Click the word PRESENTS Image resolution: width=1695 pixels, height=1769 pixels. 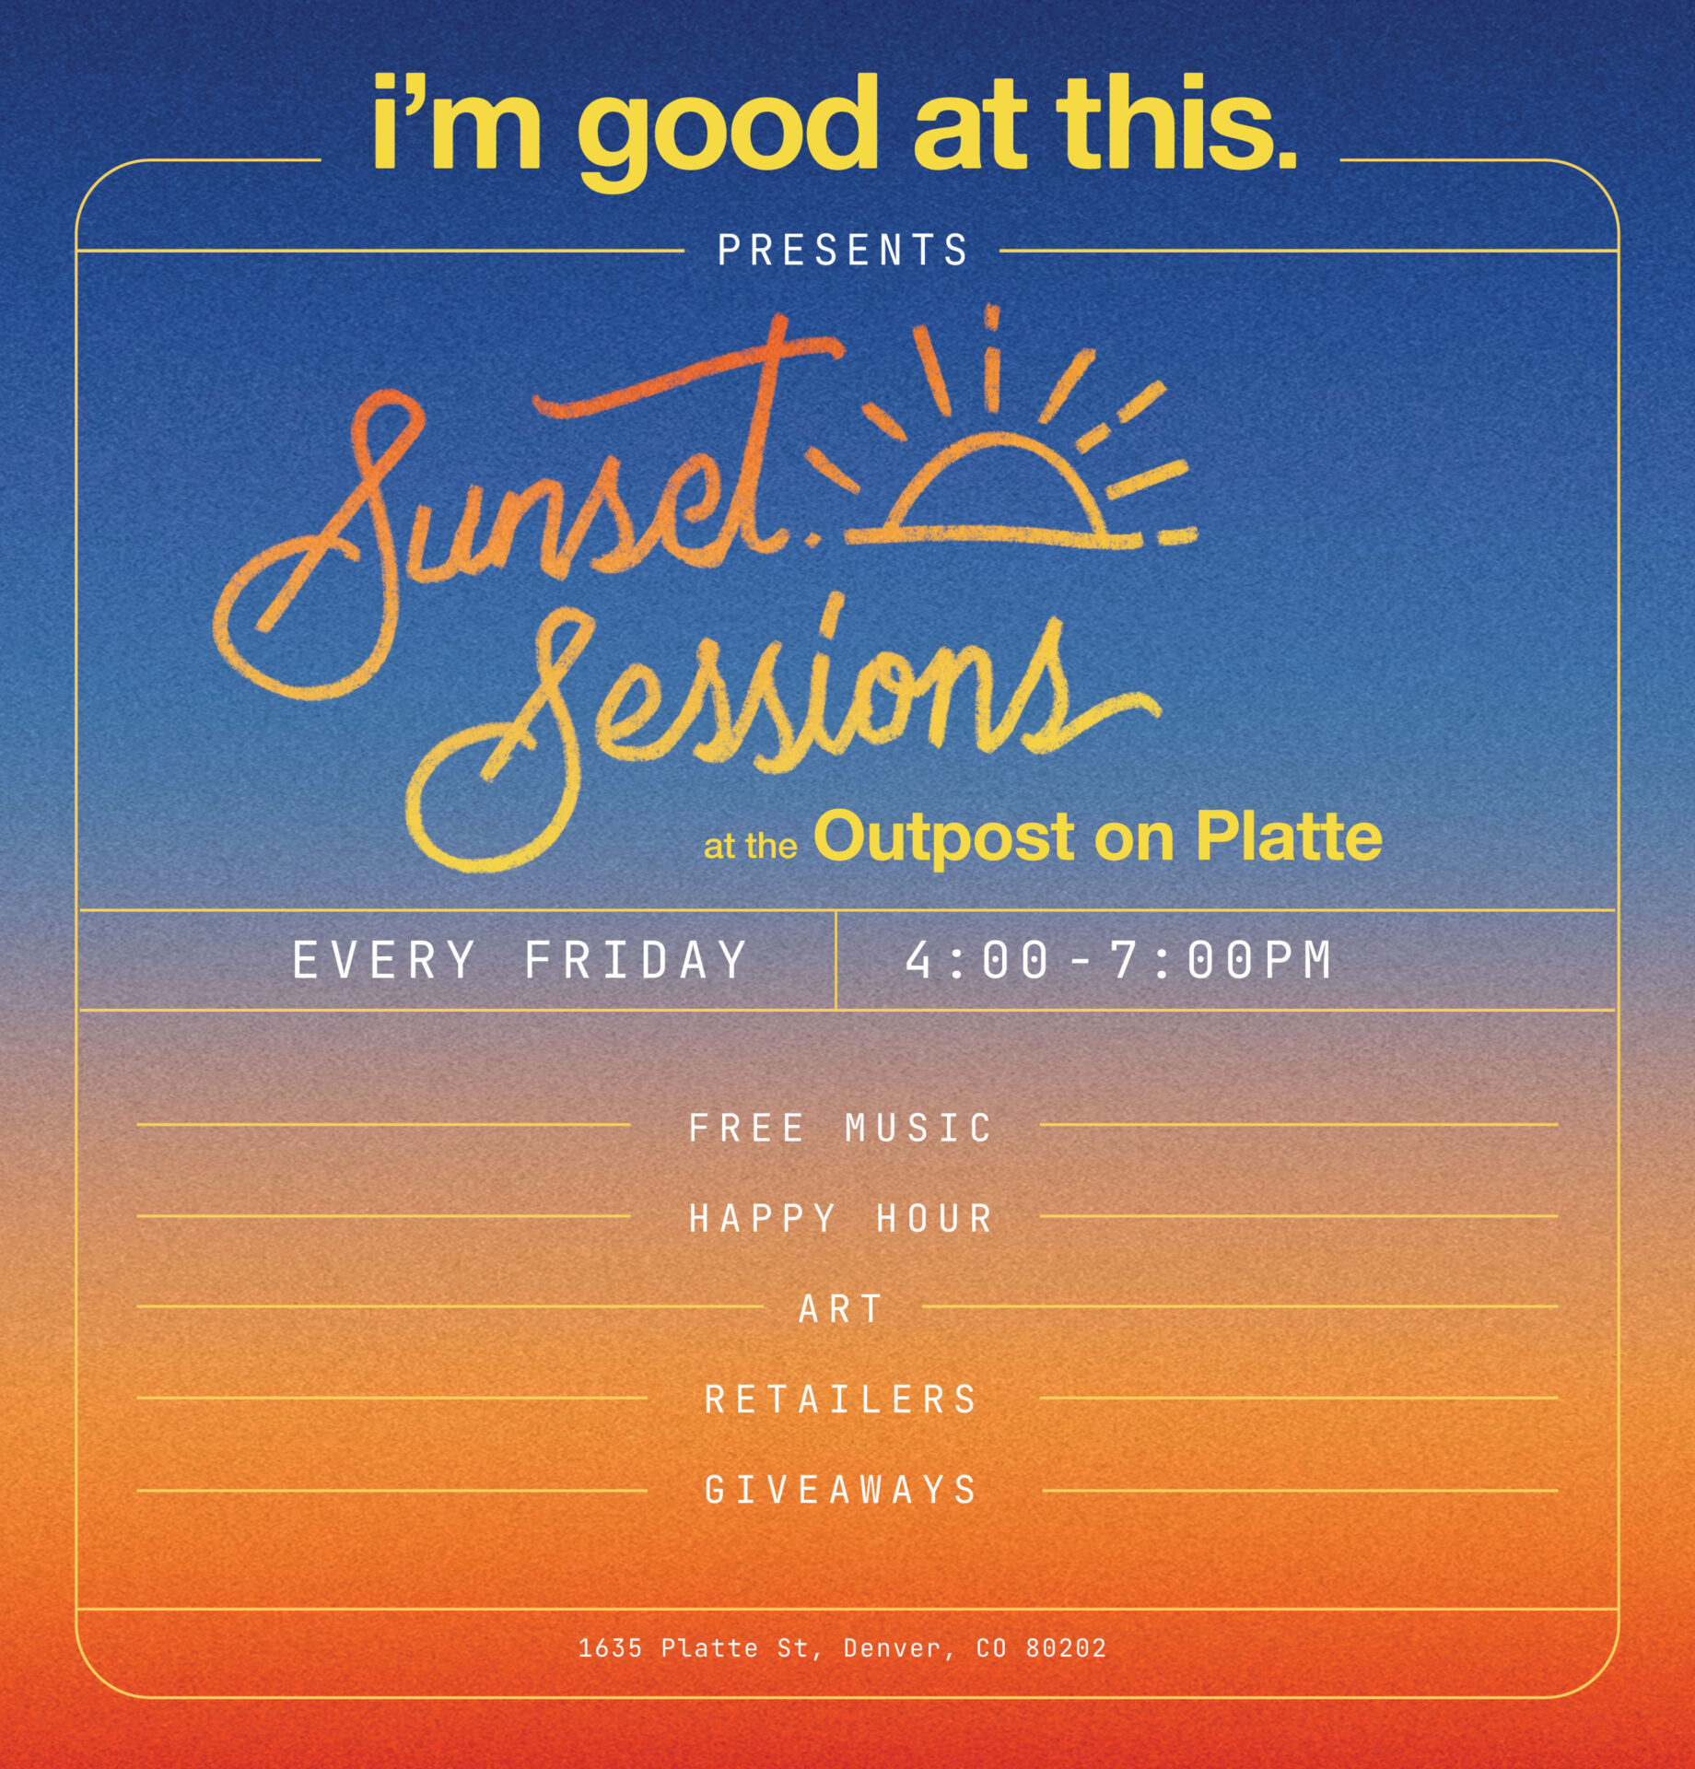pos(842,251)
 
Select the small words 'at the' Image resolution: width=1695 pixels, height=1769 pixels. pos(750,846)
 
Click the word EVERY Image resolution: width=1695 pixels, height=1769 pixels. pos(384,960)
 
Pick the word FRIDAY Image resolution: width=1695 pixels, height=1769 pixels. pos(635,960)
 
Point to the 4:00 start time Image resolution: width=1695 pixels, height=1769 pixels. pos(977,960)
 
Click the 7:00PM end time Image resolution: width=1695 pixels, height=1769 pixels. pos(1221,960)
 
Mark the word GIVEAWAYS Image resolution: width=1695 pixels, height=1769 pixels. pos(840,1490)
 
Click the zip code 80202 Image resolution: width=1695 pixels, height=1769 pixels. pos(1066,1647)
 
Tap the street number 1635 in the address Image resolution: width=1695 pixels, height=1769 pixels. pos(610,1647)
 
